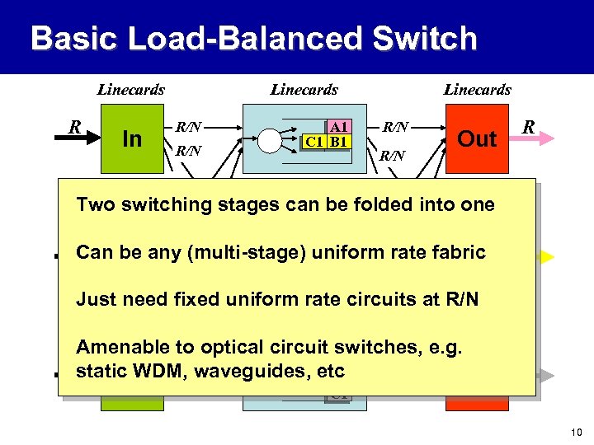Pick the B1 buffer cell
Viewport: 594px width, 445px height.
pyautogui.click(x=339, y=142)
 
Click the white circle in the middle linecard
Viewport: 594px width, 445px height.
pyautogui.click(x=269, y=142)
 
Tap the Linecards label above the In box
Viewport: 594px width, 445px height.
pyautogui.click(x=131, y=90)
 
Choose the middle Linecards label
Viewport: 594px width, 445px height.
pyautogui.click(x=304, y=90)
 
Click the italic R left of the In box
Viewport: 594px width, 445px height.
pyautogui.click(x=74, y=127)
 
